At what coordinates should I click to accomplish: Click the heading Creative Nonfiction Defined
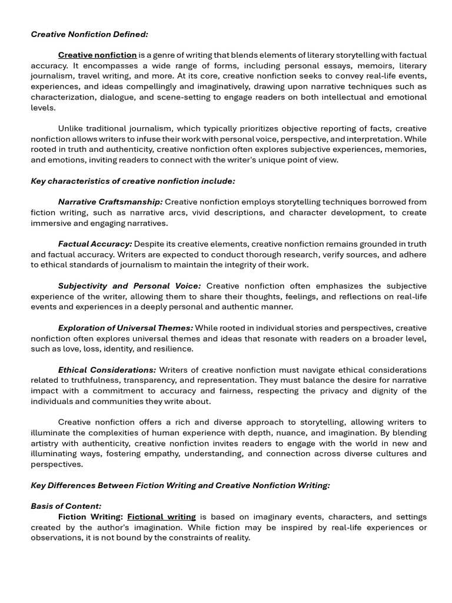click(89, 34)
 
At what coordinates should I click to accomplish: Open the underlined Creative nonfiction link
click(97, 55)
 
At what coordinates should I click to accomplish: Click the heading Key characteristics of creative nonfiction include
click(133, 181)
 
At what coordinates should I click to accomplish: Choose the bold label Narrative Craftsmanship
click(110, 202)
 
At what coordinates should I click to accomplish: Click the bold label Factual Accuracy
click(95, 244)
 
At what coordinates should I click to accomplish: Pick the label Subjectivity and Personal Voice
click(129, 286)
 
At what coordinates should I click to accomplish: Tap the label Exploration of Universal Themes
click(125, 328)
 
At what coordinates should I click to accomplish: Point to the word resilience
click(174, 349)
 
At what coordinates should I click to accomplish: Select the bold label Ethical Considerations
click(107, 370)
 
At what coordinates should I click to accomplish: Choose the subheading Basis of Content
click(66, 506)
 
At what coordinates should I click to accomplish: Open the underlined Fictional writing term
click(161, 517)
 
